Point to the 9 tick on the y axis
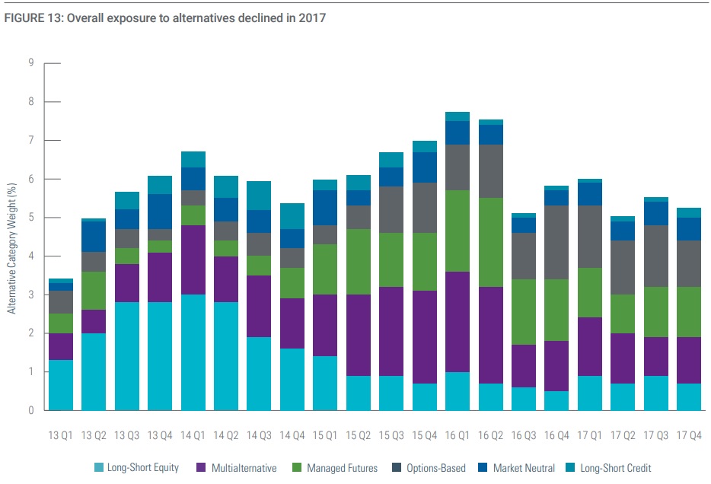pyautogui.click(x=31, y=63)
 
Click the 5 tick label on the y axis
pyautogui.click(x=31, y=218)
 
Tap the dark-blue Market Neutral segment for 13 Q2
pyautogui.click(x=94, y=236)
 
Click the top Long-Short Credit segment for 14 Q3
pyautogui.click(x=259, y=195)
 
